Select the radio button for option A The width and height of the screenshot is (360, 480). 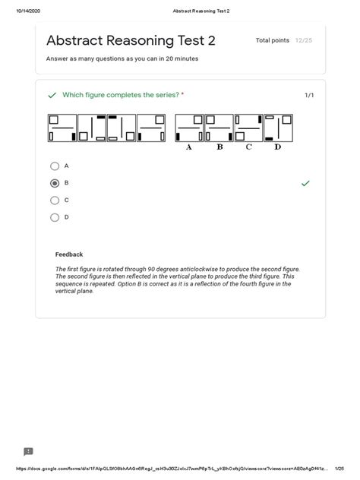(55, 166)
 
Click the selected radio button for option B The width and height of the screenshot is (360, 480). (55, 183)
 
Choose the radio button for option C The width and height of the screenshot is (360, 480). (55, 201)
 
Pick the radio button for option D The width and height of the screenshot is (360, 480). (55, 218)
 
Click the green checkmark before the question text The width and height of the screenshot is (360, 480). (52, 95)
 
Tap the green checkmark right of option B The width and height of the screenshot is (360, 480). (305, 183)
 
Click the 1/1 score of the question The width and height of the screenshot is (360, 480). (309, 95)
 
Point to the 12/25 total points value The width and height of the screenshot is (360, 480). (304, 40)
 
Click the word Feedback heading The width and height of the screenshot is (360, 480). (69, 254)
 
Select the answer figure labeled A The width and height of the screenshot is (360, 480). (189, 128)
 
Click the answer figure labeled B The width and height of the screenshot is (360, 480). (219, 128)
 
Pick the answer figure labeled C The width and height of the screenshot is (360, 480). (248, 128)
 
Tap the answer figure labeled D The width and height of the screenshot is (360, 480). (278, 128)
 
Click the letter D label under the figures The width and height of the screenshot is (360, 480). (278, 147)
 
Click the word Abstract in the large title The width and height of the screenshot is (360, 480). (74, 40)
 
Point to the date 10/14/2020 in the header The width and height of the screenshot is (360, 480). (28, 11)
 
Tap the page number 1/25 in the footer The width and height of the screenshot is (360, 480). (339, 469)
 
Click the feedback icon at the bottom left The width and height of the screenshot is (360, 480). (28, 452)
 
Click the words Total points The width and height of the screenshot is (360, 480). (273, 40)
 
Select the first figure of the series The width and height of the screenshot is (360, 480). (62, 128)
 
